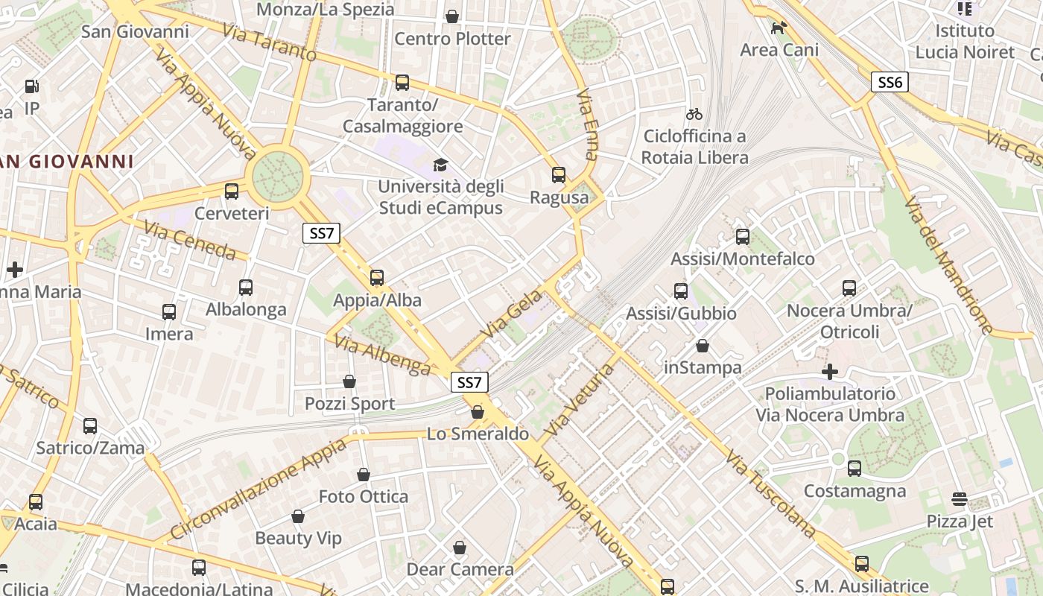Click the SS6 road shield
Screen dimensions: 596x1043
[890, 82]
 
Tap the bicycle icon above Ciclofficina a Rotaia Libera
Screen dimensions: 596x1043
[694, 114]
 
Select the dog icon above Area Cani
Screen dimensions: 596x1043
[779, 28]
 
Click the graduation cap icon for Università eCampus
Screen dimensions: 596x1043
[441, 164]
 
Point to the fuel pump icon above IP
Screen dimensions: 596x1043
[31, 86]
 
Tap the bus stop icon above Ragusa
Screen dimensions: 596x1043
[559, 175]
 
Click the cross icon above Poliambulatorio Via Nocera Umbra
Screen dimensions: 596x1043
[830, 371]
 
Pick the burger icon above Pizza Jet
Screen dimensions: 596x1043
[960, 498]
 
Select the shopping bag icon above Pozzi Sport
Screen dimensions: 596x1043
[349, 381]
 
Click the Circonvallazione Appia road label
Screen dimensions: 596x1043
[259, 489]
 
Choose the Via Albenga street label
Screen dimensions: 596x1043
[382, 355]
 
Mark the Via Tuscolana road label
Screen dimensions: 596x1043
[770, 493]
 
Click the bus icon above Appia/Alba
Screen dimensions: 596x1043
[377, 278]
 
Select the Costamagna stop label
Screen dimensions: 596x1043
[855, 491]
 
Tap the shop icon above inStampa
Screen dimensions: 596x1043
[703, 346]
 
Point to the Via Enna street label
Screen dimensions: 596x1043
[588, 124]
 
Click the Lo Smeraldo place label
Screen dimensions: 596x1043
[478, 434]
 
